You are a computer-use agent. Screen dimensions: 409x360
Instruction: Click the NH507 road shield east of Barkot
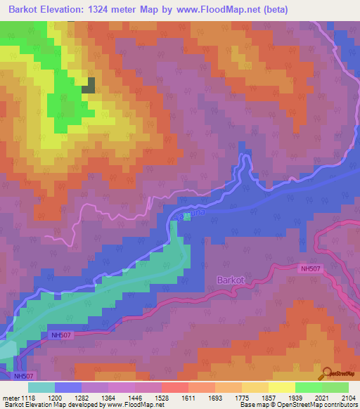point(311,268)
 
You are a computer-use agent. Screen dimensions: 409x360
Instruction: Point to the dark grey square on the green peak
point(89,86)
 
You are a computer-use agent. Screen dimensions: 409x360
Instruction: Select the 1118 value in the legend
point(27,397)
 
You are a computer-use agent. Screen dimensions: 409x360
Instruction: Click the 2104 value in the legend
point(349,397)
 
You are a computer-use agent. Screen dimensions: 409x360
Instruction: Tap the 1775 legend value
point(241,397)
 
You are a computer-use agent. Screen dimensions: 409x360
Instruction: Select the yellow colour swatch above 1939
point(281,387)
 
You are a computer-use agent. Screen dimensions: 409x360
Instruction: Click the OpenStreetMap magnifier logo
point(328,374)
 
